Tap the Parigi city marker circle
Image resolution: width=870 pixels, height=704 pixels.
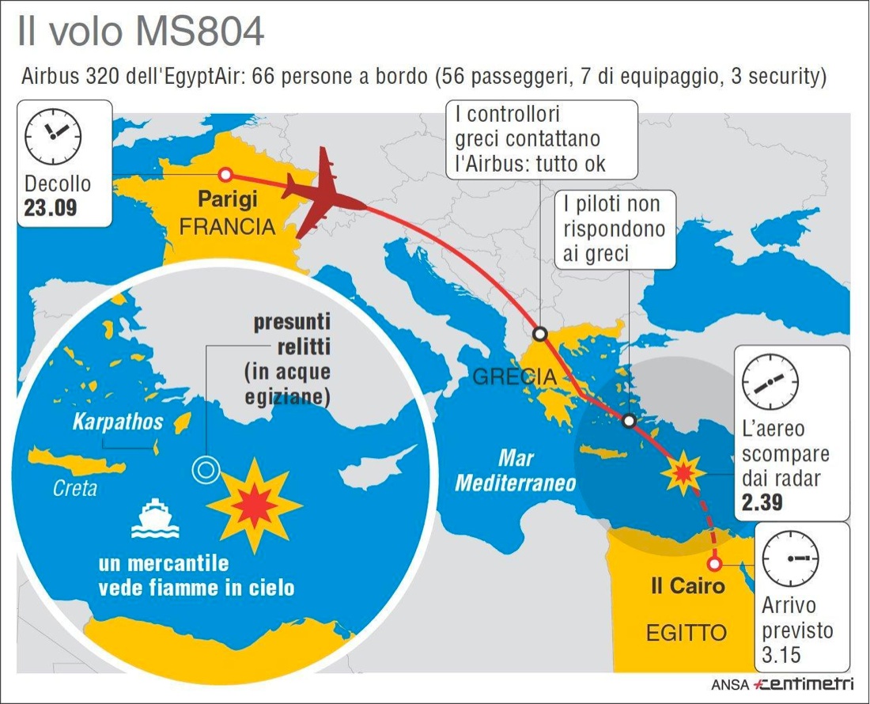click(x=225, y=175)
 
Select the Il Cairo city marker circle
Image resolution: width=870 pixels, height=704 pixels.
click(x=714, y=563)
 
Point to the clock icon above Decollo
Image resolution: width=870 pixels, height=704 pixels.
click(x=54, y=131)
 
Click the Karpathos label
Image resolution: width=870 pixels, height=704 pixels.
click(x=117, y=421)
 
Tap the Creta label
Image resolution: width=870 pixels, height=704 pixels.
click(x=75, y=488)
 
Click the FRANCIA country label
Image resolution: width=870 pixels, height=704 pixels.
click(x=227, y=227)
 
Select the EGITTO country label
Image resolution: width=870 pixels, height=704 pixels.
click(x=687, y=633)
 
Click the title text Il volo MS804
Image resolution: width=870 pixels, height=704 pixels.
click(x=142, y=32)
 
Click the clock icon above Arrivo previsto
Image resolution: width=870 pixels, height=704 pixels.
click(x=790, y=558)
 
